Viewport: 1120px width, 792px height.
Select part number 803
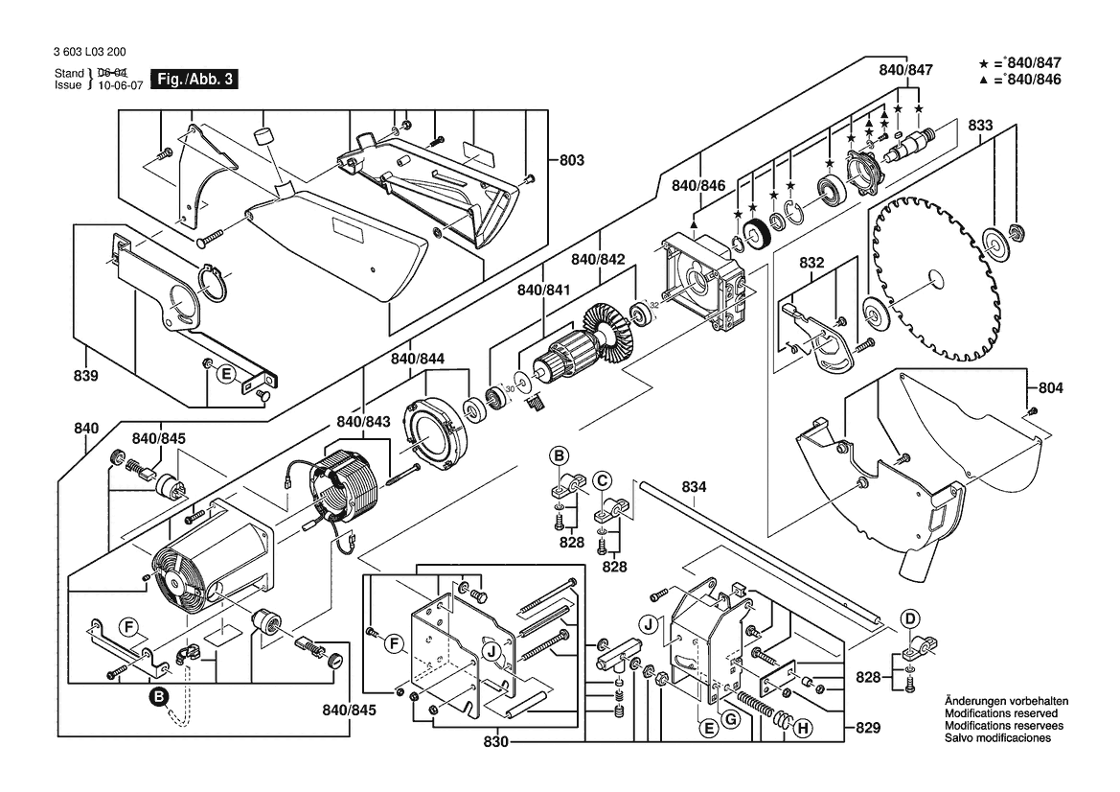point(571,160)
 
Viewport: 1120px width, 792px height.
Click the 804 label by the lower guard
point(1050,388)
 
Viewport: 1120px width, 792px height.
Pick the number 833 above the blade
point(979,125)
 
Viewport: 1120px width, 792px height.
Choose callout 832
point(811,262)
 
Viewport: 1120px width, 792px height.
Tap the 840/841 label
point(543,290)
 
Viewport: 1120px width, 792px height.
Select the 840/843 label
point(363,422)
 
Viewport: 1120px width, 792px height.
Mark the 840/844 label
point(418,359)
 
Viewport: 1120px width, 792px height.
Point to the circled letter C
point(602,479)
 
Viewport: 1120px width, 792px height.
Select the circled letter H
point(803,729)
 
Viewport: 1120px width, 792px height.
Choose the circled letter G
point(730,719)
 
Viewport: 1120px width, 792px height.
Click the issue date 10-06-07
point(117,85)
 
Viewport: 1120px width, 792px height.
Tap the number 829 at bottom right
point(867,729)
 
